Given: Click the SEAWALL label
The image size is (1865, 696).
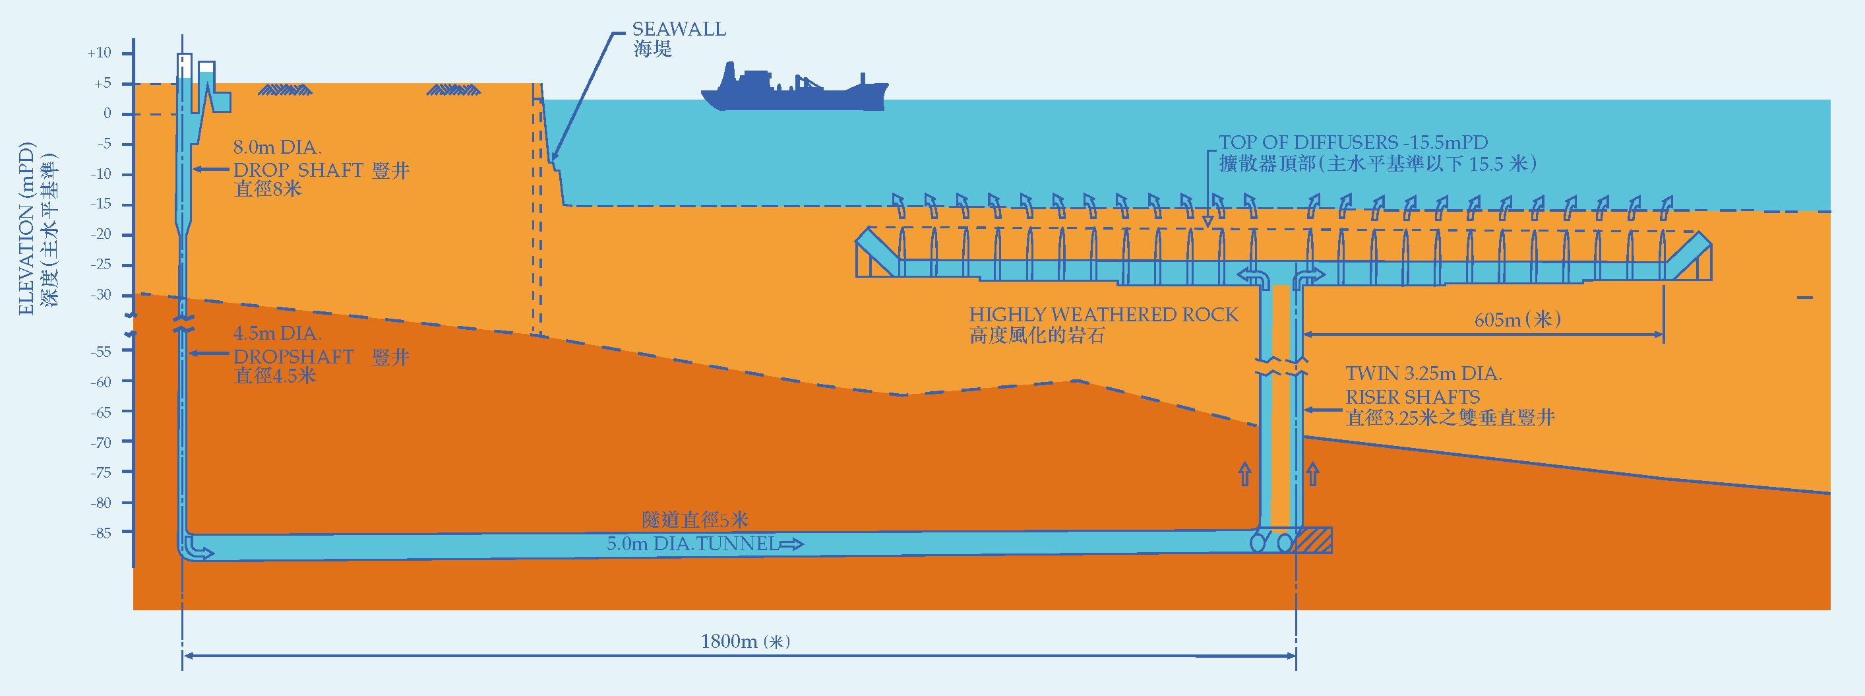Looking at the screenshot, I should [679, 30].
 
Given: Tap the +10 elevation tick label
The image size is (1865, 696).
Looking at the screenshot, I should [99, 53].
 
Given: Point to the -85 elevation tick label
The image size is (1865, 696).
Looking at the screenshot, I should [101, 533].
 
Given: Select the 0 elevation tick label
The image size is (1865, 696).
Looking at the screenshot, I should [107, 113].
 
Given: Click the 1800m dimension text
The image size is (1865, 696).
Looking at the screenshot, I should [745, 642].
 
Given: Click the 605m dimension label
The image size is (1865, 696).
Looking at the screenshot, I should [1517, 320].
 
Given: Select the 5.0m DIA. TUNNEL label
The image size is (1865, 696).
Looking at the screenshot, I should [692, 544].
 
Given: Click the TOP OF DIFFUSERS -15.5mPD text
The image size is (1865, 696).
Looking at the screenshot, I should [1353, 142].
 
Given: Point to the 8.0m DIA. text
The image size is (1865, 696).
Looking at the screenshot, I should [277, 148].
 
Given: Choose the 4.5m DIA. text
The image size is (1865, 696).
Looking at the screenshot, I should [277, 334].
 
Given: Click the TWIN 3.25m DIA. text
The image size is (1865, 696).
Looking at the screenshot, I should [1423, 373].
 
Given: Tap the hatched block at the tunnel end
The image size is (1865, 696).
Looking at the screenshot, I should [1313, 541].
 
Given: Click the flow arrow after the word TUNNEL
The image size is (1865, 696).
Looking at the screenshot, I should [791, 544].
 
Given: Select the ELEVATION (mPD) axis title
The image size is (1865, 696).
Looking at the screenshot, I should [26, 228].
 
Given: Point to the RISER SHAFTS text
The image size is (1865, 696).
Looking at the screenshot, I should [1412, 397].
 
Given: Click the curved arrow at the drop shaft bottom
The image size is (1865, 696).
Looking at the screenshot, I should [198, 549].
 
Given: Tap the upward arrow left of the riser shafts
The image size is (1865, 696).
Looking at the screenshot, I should [1244, 474].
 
